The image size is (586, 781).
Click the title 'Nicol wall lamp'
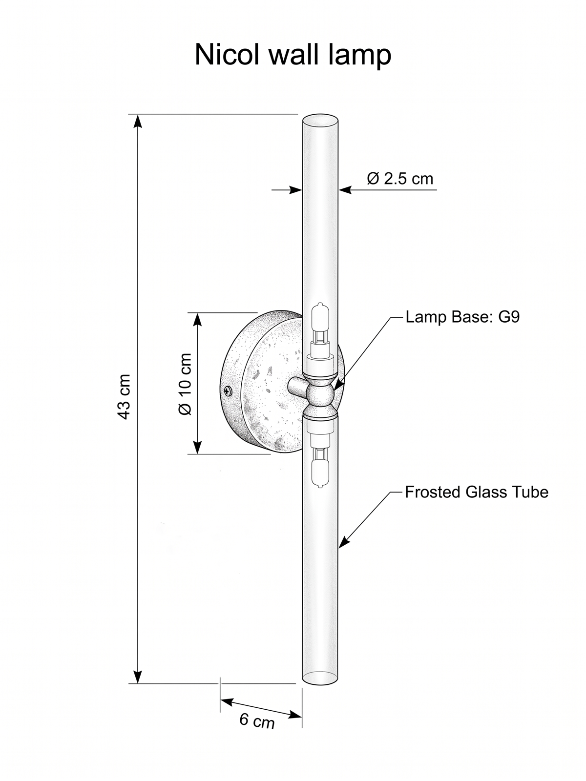(x=293, y=55)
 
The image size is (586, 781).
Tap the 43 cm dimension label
(x=124, y=396)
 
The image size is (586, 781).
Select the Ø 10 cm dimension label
(x=185, y=384)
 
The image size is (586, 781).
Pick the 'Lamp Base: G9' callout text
(x=462, y=317)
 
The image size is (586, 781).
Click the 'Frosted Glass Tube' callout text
(x=477, y=492)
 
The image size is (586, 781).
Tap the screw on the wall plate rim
(x=228, y=391)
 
